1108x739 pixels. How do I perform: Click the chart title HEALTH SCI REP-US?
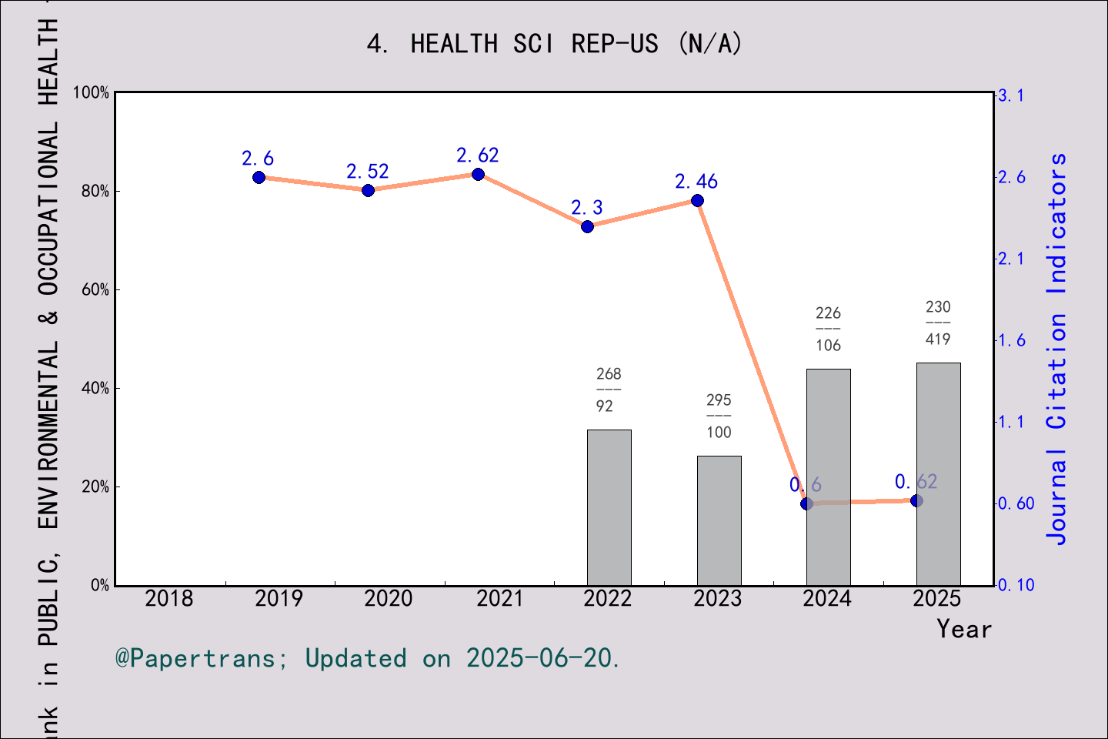click(554, 44)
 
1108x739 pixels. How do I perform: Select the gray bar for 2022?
click(609, 507)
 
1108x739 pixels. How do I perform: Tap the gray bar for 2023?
click(719, 520)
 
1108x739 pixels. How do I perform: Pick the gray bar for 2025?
click(938, 473)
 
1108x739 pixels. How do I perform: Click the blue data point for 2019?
click(259, 178)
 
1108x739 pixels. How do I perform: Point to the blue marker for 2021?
click(478, 175)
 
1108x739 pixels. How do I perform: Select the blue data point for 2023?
click(697, 201)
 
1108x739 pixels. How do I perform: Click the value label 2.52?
click(367, 172)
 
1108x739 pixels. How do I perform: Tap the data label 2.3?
click(586, 208)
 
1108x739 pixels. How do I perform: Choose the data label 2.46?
click(696, 182)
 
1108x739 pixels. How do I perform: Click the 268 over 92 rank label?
click(608, 390)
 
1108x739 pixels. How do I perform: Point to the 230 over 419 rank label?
click(937, 323)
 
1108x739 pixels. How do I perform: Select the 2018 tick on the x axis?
click(169, 598)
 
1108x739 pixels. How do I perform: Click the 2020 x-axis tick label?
click(389, 598)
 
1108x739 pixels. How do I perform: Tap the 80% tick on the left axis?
click(95, 192)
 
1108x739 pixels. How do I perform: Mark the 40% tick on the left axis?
click(95, 389)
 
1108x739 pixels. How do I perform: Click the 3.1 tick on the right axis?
click(1011, 95)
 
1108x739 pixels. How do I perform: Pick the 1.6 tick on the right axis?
click(1011, 340)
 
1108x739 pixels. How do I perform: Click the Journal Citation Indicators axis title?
click(1057, 348)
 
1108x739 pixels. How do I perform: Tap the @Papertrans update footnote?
click(367, 658)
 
